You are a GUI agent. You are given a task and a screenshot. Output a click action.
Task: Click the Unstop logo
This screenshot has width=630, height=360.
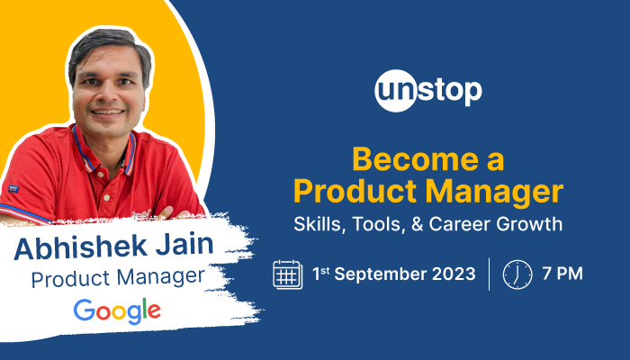coord(427,90)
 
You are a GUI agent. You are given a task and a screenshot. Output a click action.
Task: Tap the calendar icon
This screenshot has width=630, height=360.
coord(287,274)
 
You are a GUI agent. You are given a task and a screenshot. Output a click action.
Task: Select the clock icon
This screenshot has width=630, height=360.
coord(517,274)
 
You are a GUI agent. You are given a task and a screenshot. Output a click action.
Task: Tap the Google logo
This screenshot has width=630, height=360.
coord(117,311)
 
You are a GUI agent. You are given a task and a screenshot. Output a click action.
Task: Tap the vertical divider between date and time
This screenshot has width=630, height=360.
coord(490,274)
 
